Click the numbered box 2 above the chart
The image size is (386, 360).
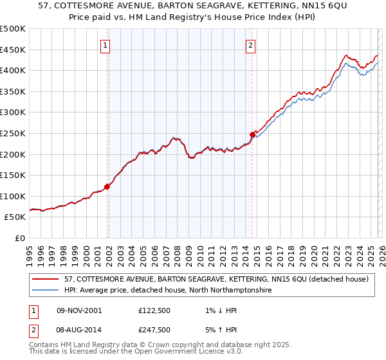[x=250, y=45]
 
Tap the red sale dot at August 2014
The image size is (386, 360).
[x=252, y=134]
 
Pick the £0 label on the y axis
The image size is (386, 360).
[x=20, y=238]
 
